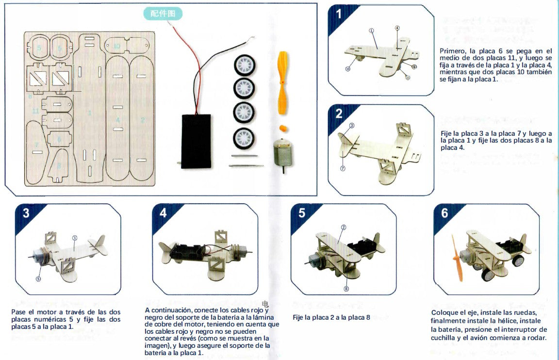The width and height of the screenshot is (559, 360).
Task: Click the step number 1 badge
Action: click(339, 14)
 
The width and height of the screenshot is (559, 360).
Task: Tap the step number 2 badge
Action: click(339, 114)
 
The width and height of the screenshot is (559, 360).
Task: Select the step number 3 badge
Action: click(26, 213)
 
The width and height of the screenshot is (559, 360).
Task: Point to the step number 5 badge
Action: click(302, 213)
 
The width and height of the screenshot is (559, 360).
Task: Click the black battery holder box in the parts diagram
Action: click(196, 141)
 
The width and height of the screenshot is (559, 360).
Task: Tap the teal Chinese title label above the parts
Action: click(163, 14)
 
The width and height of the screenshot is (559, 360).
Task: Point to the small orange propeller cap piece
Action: click(282, 128)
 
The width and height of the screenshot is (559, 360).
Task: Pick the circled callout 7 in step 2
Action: click(343, 168)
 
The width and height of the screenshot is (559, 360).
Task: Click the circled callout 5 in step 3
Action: click(38, 278)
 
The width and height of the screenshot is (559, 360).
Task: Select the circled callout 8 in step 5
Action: click(346, 289)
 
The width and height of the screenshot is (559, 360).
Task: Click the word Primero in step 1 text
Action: click(452, 51)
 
